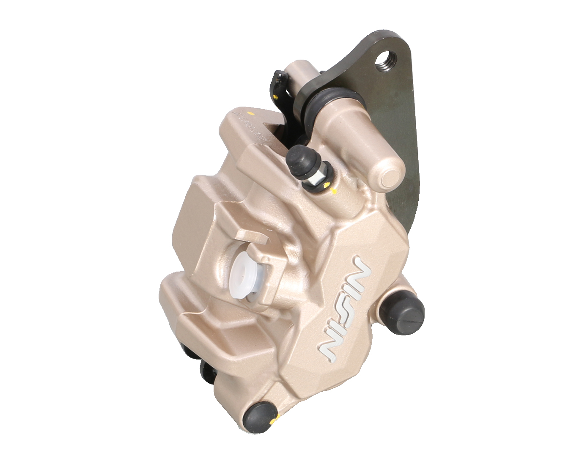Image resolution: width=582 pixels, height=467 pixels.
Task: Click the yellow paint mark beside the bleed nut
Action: pos(328,186)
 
